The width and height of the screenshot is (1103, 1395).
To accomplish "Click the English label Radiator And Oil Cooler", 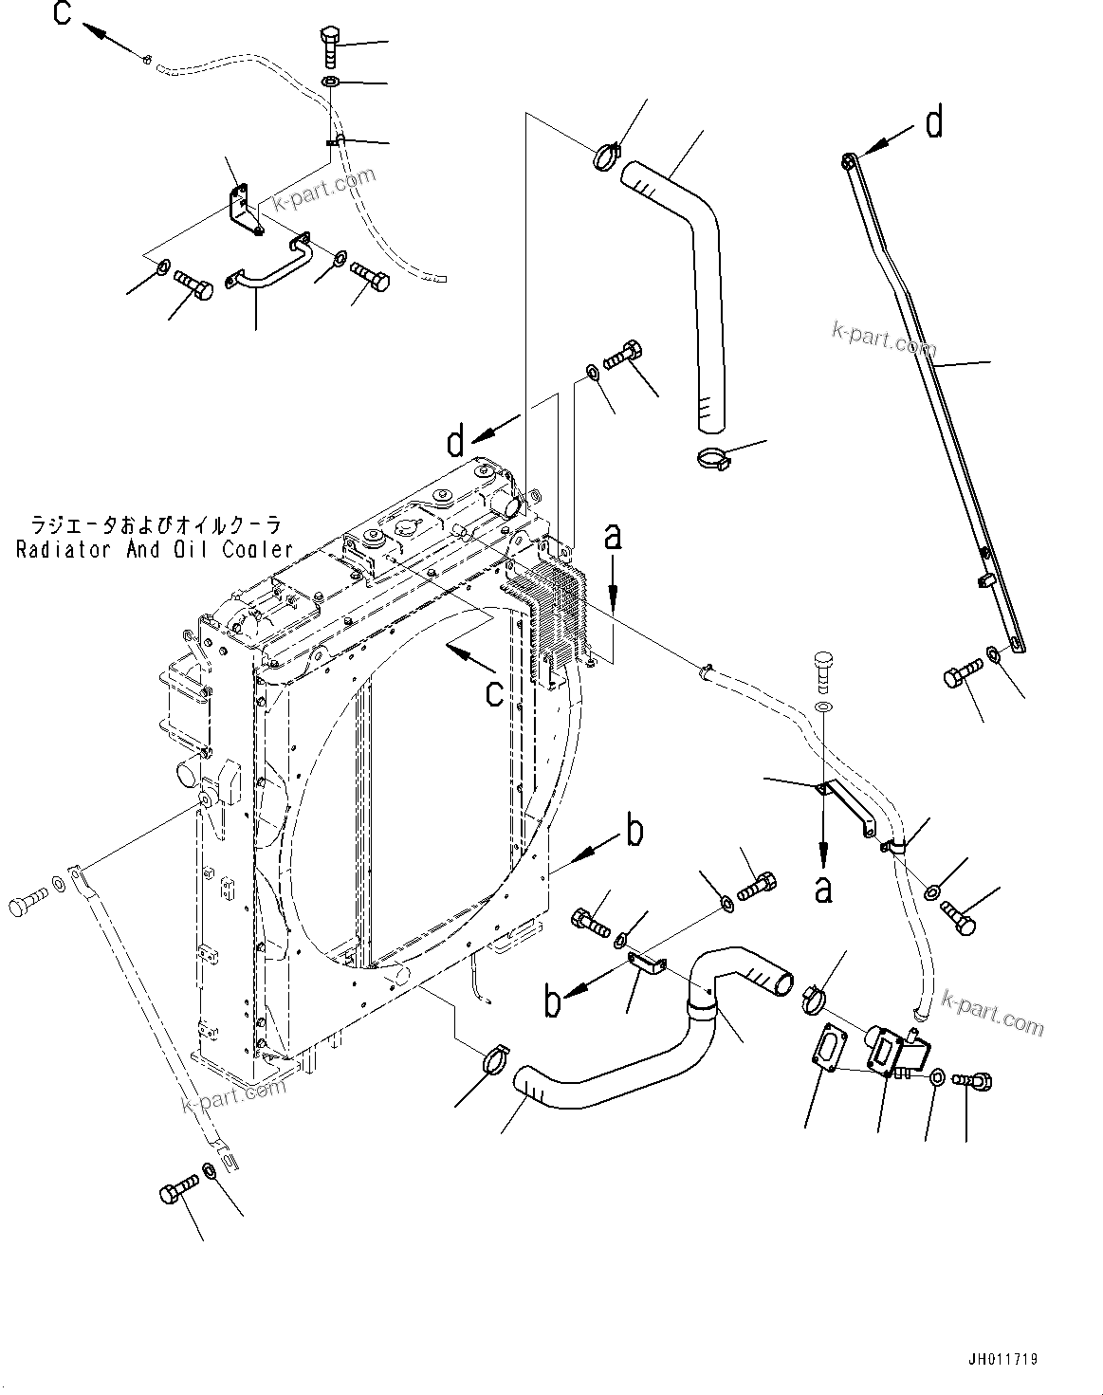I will pyautogui.click(x=155, y=549).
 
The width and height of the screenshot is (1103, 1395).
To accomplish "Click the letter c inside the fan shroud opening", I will pyautogui.click(x=493, y=692).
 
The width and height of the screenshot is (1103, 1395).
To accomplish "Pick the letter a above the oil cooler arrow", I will pyautogui.click(x=614, y=537).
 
